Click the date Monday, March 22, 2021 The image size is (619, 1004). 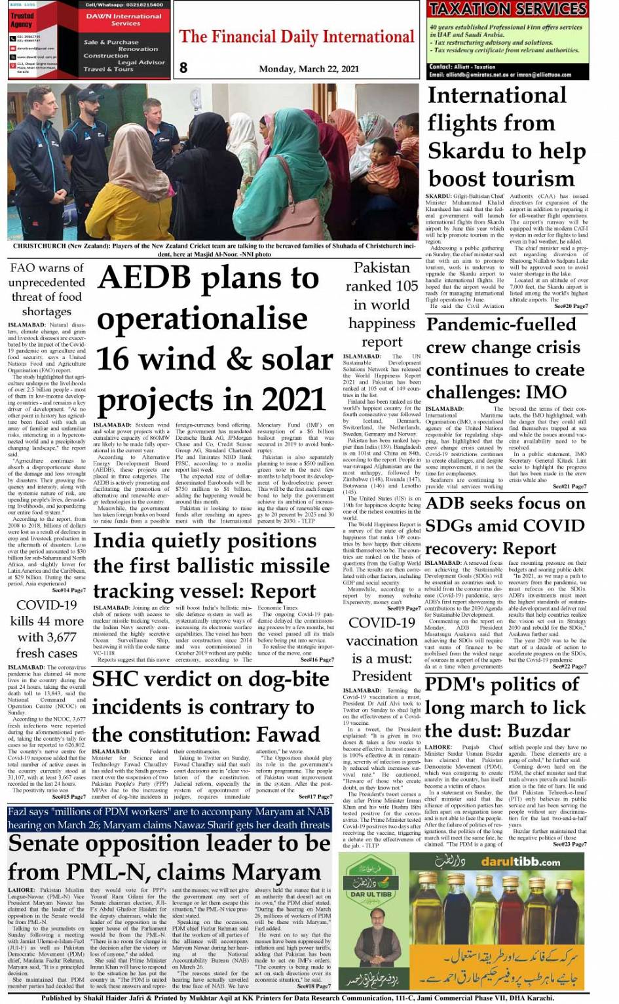tap(309, 68)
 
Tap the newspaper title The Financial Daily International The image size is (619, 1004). tap(297, 36)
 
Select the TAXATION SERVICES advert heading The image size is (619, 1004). tap(508, 9)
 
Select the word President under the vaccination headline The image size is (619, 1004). tap(383, 676)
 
